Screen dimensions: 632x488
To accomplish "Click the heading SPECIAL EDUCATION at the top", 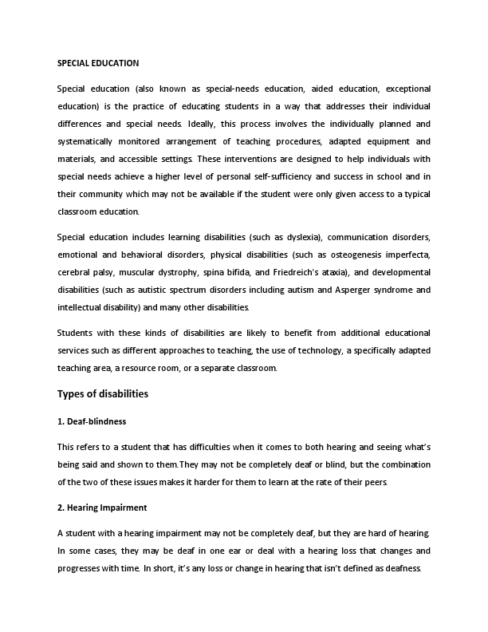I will (x=98, y=62).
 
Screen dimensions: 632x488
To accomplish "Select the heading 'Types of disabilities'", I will (x=103, y=394).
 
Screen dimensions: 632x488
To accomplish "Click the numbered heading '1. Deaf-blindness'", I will (x=92, y=421).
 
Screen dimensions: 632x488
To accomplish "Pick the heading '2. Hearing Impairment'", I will (x=102, y=508).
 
